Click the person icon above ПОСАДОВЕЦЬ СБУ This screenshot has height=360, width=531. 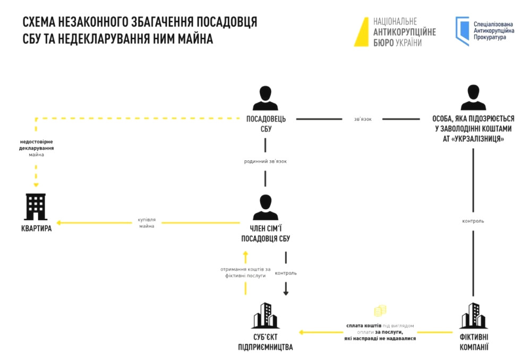point(265,98)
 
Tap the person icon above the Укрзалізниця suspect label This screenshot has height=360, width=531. point(473,98)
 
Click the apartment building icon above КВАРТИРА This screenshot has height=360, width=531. point(36,207)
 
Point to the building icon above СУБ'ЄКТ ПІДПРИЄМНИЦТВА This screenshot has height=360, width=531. point(265,315)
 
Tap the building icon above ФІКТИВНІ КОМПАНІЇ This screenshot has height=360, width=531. point(473,315)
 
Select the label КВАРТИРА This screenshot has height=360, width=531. point(37,229)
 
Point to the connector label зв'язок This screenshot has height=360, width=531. point(363,119)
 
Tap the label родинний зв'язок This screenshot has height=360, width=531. point(265,161)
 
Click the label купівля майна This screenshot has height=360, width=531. point(147,222)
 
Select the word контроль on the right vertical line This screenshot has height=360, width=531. point(473,221)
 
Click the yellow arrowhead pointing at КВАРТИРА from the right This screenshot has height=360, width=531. point(60,222)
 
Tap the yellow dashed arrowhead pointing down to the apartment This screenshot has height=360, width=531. point(36,185)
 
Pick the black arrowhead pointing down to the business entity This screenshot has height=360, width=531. point(286,292)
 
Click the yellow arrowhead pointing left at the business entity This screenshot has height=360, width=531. point(301,332)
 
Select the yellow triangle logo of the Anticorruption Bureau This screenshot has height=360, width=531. point(362,32)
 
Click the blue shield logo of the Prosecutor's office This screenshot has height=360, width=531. point(462,31)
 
